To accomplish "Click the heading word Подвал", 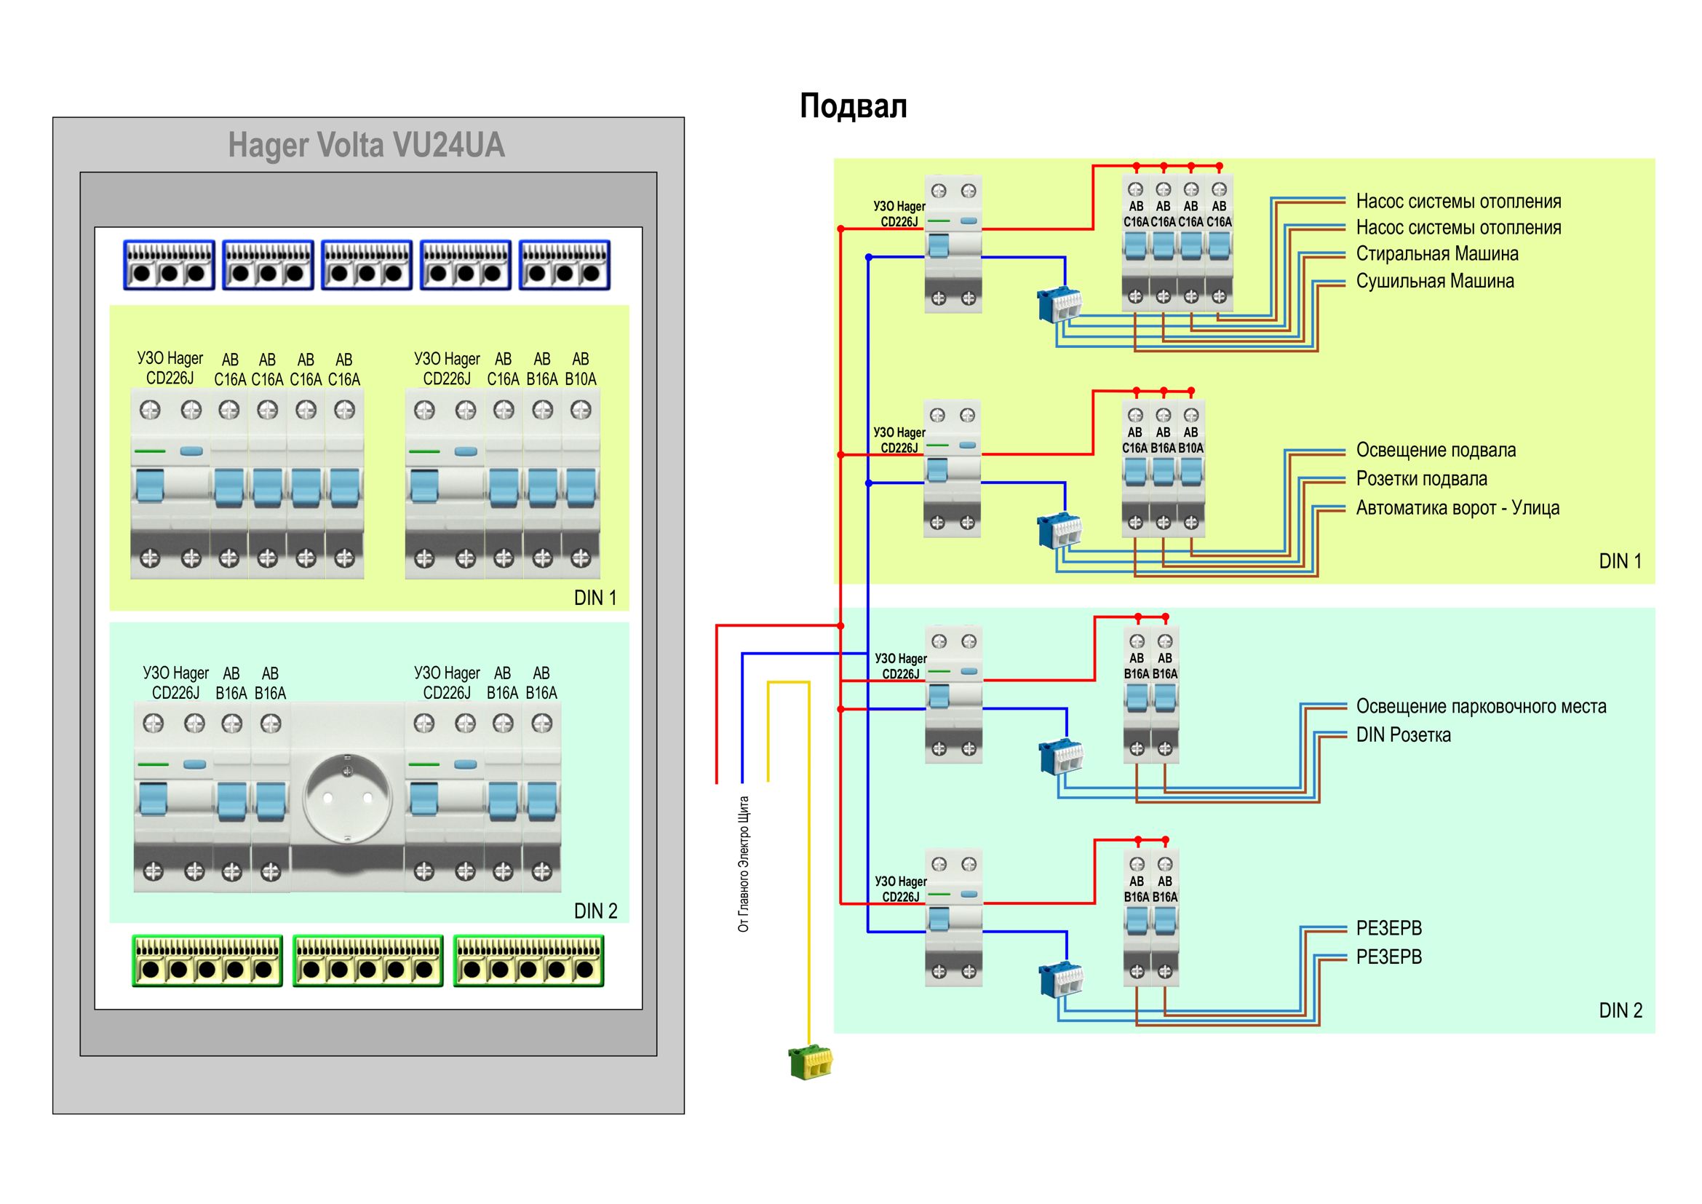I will tap(853, 106).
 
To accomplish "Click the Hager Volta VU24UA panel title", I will tap(366, 145).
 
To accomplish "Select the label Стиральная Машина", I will tap(1436, 254).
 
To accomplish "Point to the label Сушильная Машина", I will tap(1434, 282).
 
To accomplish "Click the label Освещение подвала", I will tap(1435, 450).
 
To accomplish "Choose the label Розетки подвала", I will tap(1421, 479).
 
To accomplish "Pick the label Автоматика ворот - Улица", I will tap(1457, 508).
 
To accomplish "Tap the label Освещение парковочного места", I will tap(1480, 707).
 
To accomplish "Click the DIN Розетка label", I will tap(1402, 735).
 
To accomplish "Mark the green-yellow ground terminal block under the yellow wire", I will tap(810, 1061).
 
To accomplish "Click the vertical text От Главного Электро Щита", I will tap(744, 864).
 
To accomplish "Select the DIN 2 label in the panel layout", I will tap(595, 911).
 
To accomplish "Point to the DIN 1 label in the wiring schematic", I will tap(1620, 561).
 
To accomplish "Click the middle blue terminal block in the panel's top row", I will tap(367, 265).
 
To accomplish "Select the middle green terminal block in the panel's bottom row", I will tap(367, 961).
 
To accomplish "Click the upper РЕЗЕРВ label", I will tap(1388, 928).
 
